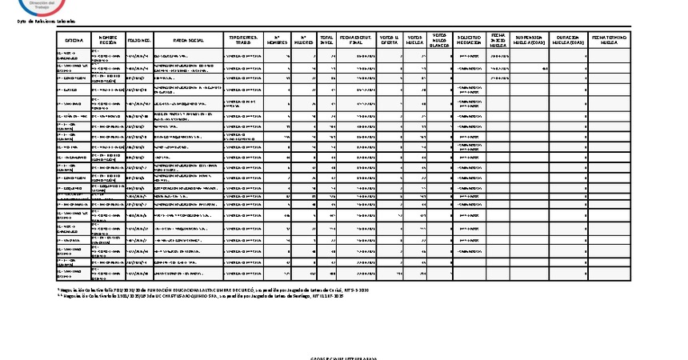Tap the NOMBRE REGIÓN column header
[108, 39]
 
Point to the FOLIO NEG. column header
[139, 39]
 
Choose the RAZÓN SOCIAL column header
[188, 39]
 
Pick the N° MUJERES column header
[303, 39]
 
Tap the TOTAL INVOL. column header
[326, 39]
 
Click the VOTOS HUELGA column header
[414, 39]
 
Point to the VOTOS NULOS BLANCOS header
[439, 39]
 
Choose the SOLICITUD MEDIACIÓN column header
[469, 39]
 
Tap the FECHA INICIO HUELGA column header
[498, 39]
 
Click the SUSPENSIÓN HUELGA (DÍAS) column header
[530, 39]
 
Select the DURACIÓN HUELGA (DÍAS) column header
[568, 39]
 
